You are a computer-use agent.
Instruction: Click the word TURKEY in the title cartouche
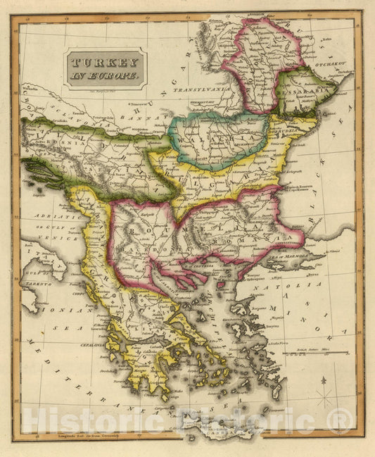pyautogui.click(x=106, y=61)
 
